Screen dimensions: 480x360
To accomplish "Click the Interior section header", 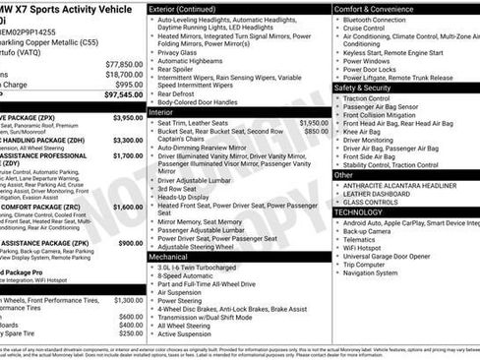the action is [x=161, y=113].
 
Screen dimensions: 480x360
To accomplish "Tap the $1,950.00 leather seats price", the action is [x=314, y=123].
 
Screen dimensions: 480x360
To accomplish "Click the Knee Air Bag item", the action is [x=363, y=131].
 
